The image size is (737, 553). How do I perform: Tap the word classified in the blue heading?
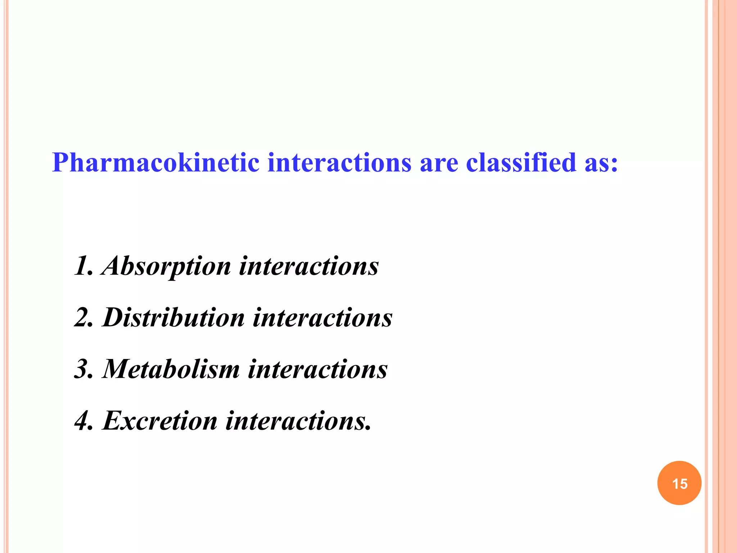coord(521,163)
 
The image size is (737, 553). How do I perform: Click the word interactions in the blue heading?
coord(339,163)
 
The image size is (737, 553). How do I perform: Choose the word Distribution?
coord(173,318)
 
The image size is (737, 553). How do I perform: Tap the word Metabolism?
coord(171,369)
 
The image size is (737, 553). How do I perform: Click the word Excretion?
coord(160,421)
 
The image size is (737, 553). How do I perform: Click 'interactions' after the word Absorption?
coord(309,266)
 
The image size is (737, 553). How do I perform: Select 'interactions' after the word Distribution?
coord(322,318)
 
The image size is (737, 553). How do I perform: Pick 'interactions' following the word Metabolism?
coord(318,369)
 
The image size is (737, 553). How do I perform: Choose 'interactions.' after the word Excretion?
coord(298,421)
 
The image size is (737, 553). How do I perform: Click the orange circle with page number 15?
coord(679,483)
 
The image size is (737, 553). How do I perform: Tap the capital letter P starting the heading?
coord(60,163)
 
